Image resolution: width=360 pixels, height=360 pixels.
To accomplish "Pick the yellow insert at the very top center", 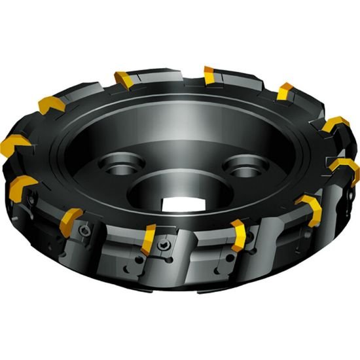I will [211, 75].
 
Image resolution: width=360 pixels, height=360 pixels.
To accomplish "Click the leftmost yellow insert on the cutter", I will [17, 145].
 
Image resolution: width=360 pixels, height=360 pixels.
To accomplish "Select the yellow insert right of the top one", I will [285, 91].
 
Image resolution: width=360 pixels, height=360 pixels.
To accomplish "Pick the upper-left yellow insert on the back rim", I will [52, 105].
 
